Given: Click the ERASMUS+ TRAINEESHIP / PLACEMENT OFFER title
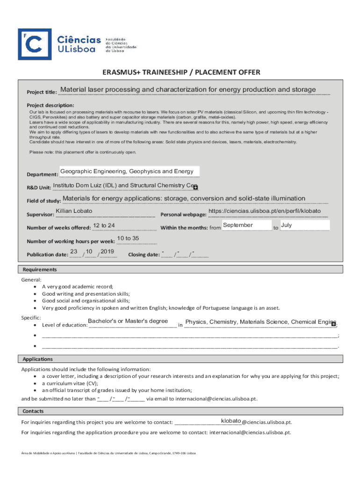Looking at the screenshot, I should point(181,72).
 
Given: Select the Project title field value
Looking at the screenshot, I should point(188,90).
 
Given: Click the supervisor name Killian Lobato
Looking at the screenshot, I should point(74,211).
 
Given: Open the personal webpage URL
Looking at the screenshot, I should point(264,211).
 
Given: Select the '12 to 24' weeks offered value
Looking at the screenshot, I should point(104,225).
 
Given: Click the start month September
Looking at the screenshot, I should point(238,225).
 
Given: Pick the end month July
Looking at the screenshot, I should point(287,225).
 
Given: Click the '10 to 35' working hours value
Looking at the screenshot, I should point(128,239).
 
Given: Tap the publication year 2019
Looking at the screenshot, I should point(107,252).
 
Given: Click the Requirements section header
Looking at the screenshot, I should point(40,269).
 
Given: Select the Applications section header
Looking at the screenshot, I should point(38,359).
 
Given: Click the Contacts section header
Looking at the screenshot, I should point(33,411).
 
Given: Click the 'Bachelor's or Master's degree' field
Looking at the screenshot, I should point(128,321).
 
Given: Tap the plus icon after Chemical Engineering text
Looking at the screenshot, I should point(333,324).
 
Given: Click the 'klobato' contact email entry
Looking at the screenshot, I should point(231,421).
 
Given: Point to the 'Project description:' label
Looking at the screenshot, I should point(50,105).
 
